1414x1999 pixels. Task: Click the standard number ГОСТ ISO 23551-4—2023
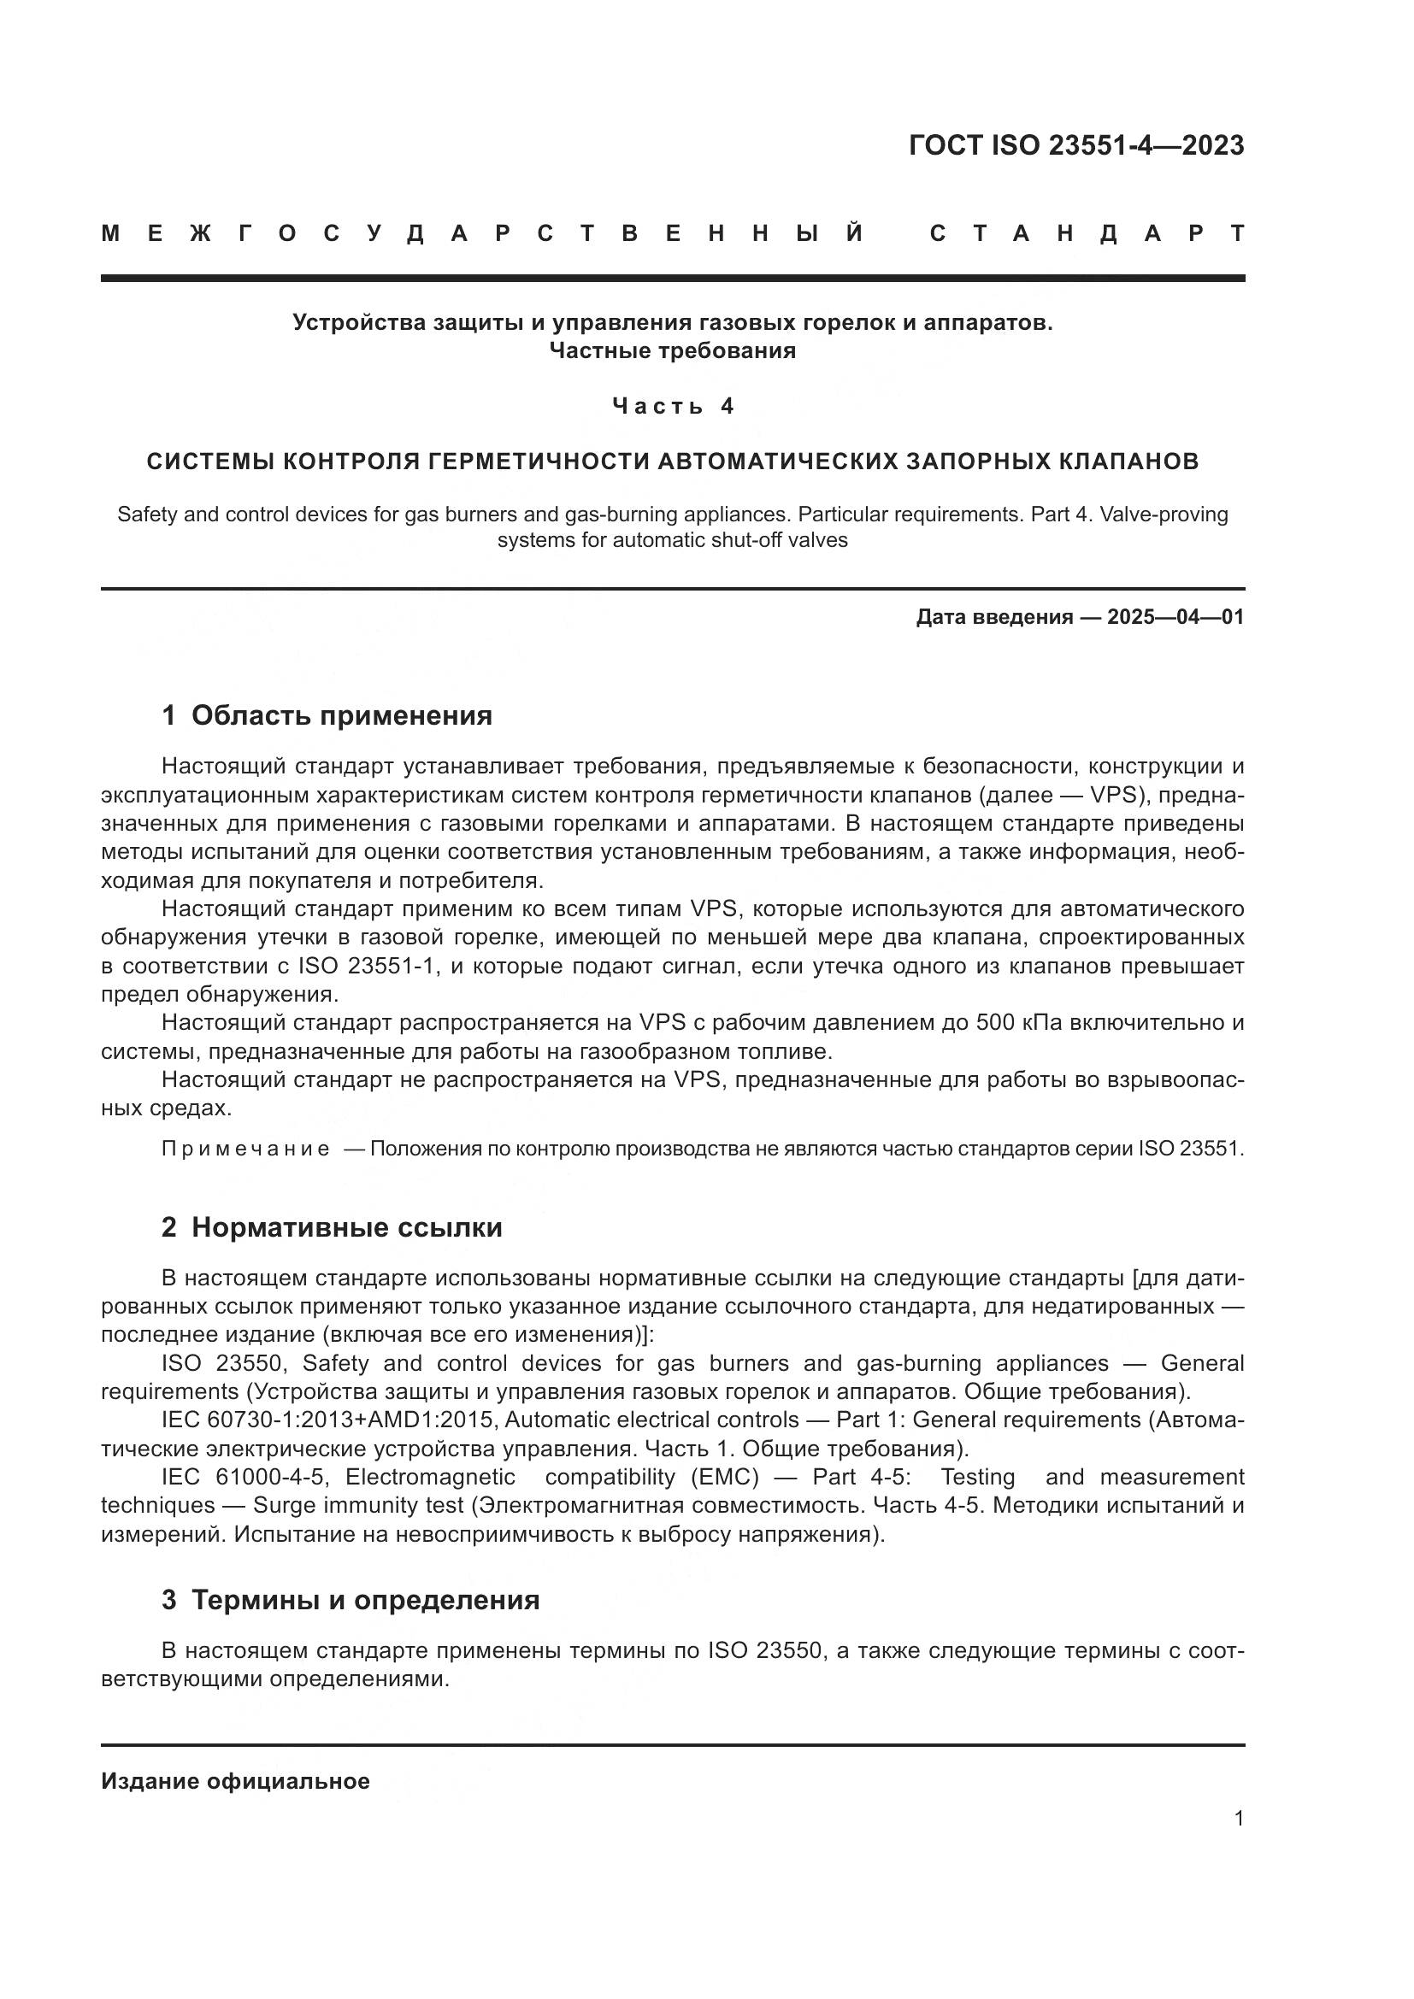[x=1076, y=145]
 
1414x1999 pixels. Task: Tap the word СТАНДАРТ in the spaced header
[x=1087, y=234]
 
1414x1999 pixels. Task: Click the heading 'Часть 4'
[x=673, y=407]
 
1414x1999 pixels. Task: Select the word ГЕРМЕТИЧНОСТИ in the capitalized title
[x=539, y=462]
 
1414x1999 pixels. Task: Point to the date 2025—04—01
[x=1175, y=617]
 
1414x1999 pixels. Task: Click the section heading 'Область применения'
[x=341, y=715]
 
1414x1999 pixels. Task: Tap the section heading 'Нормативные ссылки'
[x=346, y=1227]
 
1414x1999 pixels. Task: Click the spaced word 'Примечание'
[x=245, y=1149]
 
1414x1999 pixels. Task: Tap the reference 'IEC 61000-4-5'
[x=245, y=1478]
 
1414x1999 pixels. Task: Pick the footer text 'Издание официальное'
[x=235, y=1781]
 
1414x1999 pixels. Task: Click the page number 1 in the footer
[x=1238, y=1819]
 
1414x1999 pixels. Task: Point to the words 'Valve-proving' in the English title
[x=1164, y=514]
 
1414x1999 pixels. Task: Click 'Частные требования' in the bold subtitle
[x=672, y=352]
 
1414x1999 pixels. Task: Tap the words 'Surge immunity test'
[x=359, y=1505]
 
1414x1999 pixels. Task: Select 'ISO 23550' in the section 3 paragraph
[x=764, y=1649]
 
